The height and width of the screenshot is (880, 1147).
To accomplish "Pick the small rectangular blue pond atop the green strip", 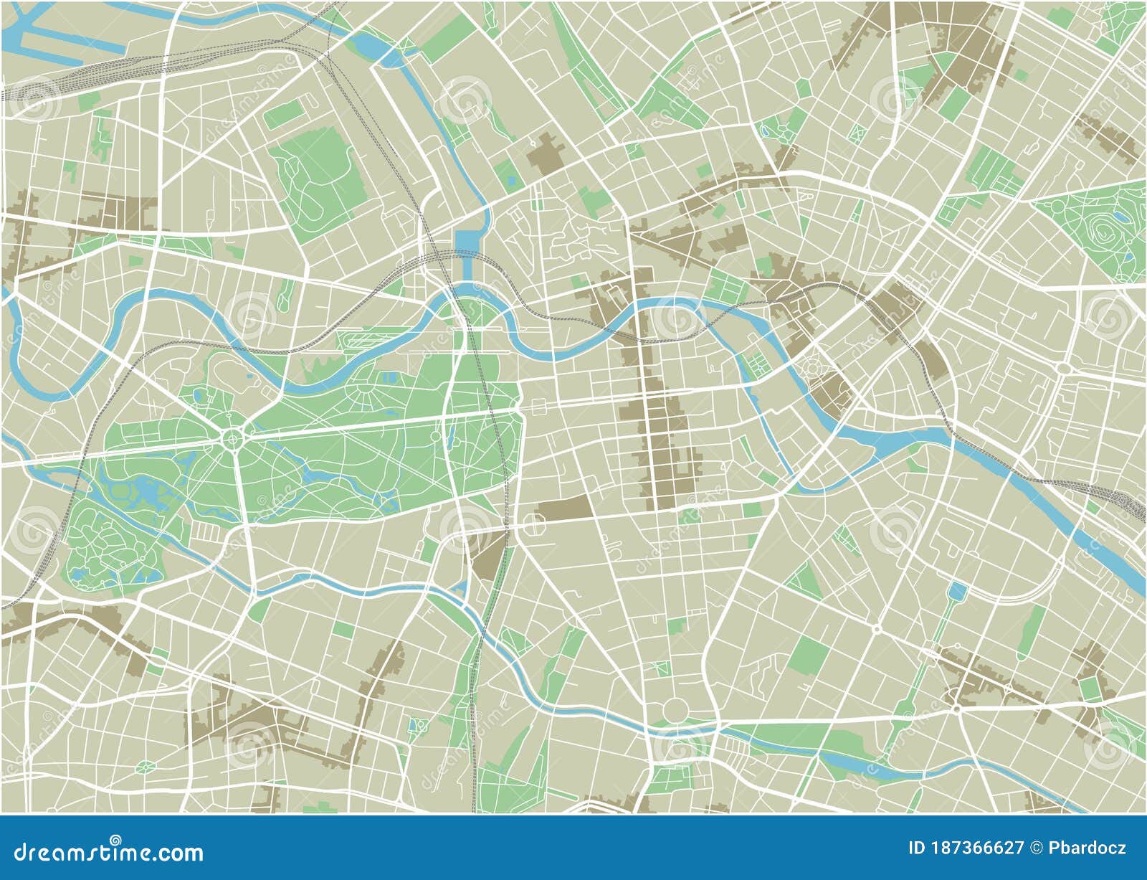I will coord(956,592).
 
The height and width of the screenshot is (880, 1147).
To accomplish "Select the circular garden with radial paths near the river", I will coord(814,368).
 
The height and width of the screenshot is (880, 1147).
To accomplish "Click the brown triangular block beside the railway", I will coord(490,555).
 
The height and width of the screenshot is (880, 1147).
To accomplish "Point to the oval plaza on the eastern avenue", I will coord(1063,368).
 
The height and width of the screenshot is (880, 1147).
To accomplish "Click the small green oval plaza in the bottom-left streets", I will coord(146,767).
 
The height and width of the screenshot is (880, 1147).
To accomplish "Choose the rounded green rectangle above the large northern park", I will coord(285,115).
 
